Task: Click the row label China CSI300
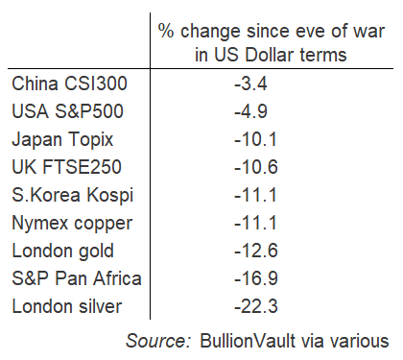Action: [69, 84]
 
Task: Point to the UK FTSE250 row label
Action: [66, 167]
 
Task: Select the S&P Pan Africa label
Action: [76, 279]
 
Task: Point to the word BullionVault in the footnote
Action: [245, 339]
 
